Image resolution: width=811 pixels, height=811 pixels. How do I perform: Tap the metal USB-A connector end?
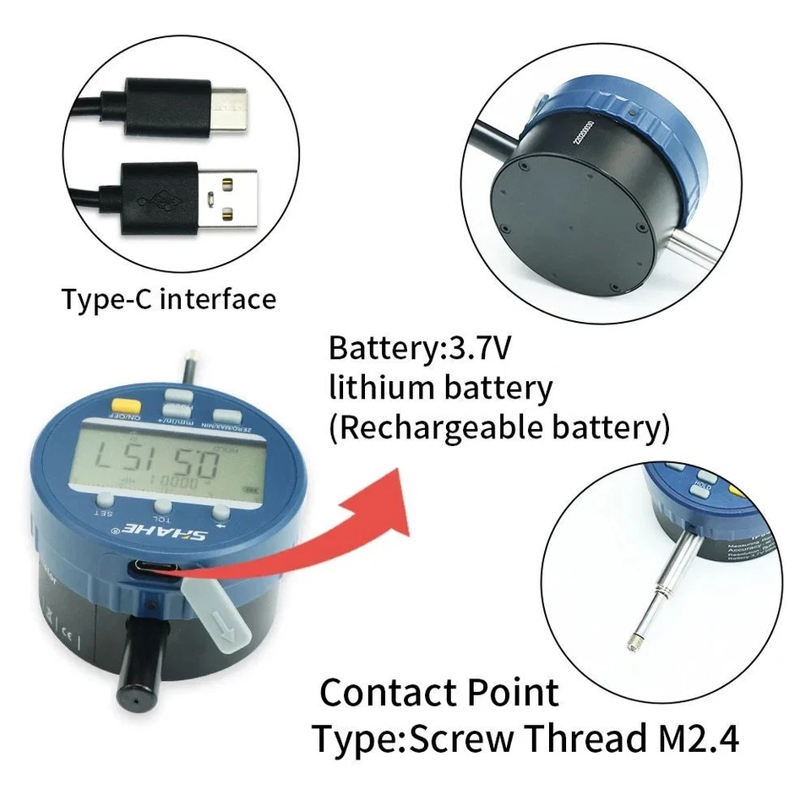click(229, 198)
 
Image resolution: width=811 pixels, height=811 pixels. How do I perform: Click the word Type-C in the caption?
click(107, 299)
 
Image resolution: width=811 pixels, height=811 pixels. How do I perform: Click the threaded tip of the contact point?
click(631, 645)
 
